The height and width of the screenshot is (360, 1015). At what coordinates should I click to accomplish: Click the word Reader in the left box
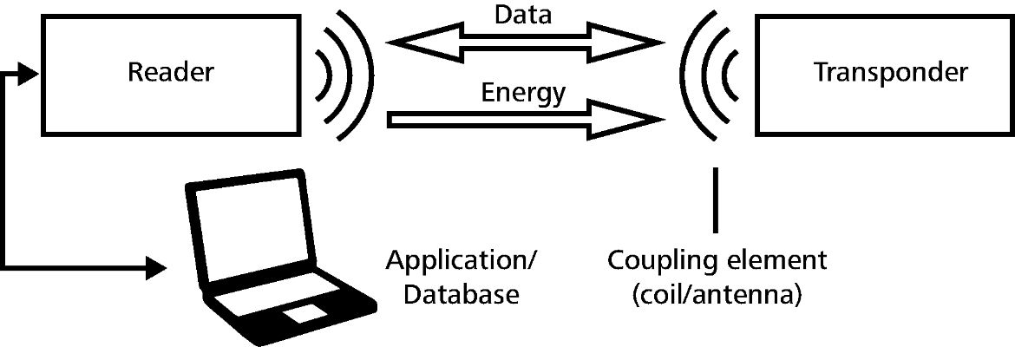(170, 73)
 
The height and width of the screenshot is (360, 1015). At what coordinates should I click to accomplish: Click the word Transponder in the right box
(890, 73)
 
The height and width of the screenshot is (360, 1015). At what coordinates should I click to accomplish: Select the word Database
(452, 295)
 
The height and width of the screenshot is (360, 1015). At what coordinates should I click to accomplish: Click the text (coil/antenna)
(717, 295)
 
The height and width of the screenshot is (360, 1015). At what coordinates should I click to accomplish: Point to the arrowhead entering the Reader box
(31, 74)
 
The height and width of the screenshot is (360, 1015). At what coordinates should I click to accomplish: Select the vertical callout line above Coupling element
(716, 200)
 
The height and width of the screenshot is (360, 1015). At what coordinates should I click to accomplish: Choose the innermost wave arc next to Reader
(329, 74)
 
